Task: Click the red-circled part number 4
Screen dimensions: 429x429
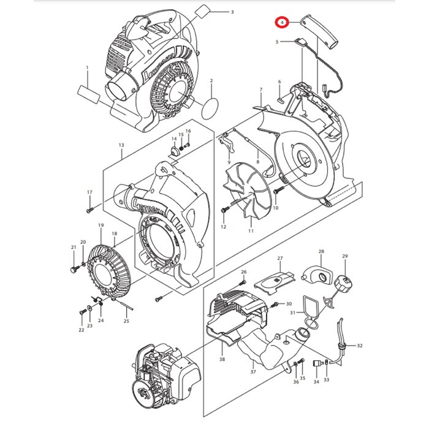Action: click(x=281, y=22)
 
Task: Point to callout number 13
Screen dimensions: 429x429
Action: click(x=121, y=145)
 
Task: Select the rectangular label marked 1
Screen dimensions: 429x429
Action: click(x=88, y=97)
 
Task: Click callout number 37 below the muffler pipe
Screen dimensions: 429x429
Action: click(x=252, y=372)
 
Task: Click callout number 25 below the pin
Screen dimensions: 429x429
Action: click(x=126, y=321)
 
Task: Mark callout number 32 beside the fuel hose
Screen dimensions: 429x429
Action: click(x=359, y=346)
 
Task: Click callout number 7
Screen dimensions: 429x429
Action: click(x=260, y=90)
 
